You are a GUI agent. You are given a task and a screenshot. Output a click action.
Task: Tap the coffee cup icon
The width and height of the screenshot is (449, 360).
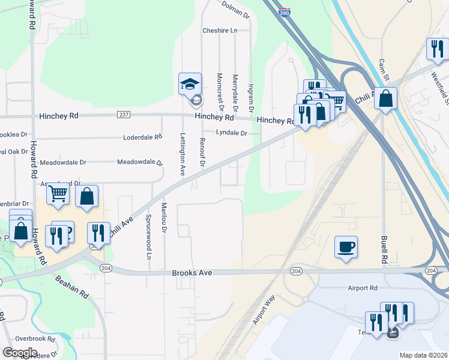[346, 247]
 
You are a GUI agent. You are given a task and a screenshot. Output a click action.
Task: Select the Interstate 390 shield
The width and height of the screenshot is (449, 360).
[285, 12]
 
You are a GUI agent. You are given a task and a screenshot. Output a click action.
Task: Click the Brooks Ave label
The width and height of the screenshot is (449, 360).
[192, 272]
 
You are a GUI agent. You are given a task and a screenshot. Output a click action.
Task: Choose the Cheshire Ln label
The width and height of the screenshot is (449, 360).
[220, 30]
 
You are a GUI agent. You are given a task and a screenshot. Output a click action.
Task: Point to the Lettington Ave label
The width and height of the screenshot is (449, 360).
[182, 154]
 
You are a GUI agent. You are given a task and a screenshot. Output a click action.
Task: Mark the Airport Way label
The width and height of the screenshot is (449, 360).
[264, 310]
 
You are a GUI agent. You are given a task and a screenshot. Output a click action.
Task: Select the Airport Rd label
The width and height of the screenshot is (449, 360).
[363, 288]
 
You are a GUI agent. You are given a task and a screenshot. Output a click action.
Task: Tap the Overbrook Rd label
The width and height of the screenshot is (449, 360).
[35, 339]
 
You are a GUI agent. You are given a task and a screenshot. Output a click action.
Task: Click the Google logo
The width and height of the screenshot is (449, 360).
[20, 352]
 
